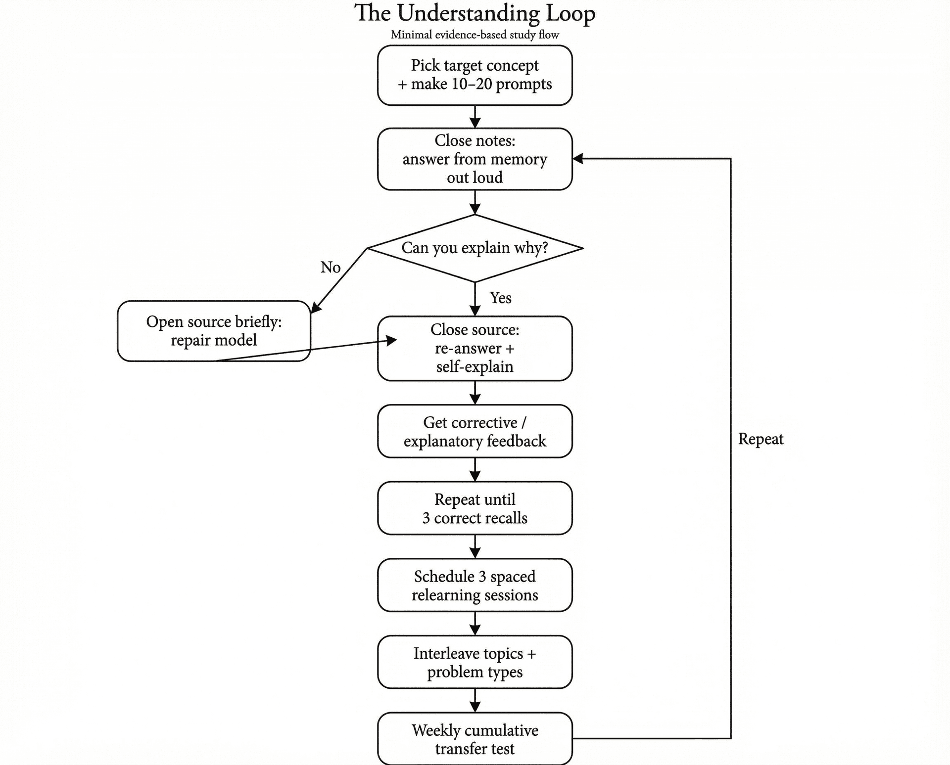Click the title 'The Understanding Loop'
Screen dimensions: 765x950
click(x=475, y=13)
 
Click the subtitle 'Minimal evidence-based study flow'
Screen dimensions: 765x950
click(x=475, y=35)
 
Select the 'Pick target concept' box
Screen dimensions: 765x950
click(x=475, y=75)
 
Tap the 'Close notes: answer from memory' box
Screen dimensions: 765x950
click(x=475, y=159)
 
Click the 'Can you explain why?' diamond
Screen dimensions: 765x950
click(x=475, y=248)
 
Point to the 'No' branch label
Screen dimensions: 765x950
click(x=331, y=268)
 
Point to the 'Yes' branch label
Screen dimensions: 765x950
click(x=500, y=298)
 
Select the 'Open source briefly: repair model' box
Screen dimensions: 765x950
click(x=214, y=331)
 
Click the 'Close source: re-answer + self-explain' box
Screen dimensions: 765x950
click(x=475, y=348)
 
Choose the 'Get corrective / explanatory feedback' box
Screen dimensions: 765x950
click(x=475, y=431)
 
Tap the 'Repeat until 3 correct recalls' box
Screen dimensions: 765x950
click(x=475, y=508)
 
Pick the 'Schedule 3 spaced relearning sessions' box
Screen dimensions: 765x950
click(x=475, y=585)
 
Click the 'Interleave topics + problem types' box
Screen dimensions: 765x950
click(x=475, y=662)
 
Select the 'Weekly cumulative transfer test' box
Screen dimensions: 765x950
click(x=475, y=739)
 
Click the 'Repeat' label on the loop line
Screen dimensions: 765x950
click(x=760, y=439)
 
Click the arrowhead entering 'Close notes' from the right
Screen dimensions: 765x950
click(x=578, y=159)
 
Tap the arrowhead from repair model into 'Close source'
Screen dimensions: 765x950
click(x=392, y=340)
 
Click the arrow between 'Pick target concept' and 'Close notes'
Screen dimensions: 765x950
click(x=475, y=117)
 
